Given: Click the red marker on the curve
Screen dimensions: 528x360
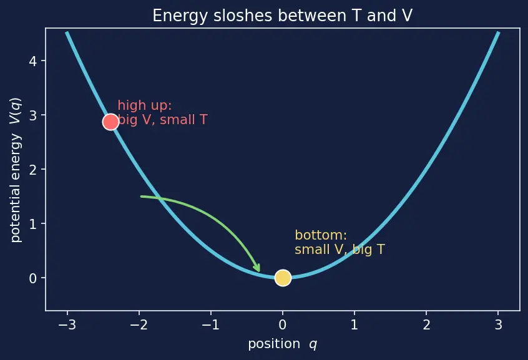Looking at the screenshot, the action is (x=110, y=122).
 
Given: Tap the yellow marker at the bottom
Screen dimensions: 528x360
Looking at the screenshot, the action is (x=283, y=278).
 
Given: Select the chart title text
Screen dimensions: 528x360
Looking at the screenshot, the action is (x=282, y=16).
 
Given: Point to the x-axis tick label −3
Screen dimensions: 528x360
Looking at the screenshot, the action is (x=67, y=324).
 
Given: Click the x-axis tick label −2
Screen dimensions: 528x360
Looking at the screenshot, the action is (x=139, y=324).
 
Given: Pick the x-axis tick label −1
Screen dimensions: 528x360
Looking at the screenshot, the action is (x=210, y=324).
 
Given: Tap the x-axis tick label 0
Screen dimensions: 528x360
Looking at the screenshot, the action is (x=283, y=324).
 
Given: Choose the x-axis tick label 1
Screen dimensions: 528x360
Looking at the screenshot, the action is (x=354, y=324).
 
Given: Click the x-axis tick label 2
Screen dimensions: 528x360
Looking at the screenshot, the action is (x=426, y=324).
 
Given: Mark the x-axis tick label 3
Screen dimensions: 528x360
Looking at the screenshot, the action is (x=499, y=324).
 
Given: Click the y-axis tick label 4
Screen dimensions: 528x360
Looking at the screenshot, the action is (x=32, y=61).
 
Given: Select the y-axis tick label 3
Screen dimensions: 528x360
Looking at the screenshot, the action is (x=32, y=115).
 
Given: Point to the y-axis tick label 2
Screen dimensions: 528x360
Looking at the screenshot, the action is (x=32, y=169).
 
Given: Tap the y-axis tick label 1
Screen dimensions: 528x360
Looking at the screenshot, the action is (x=32, y=223).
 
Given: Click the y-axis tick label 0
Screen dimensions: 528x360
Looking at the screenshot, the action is (x=32, y=278).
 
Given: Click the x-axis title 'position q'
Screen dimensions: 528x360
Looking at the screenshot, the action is (x=283, y=344).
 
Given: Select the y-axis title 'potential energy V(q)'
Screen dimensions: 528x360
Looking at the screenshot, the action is (x=16, y=170).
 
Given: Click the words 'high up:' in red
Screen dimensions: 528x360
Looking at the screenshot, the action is (x=145, y=105).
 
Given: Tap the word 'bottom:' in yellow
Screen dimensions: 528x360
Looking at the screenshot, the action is (x=321, y=235).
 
